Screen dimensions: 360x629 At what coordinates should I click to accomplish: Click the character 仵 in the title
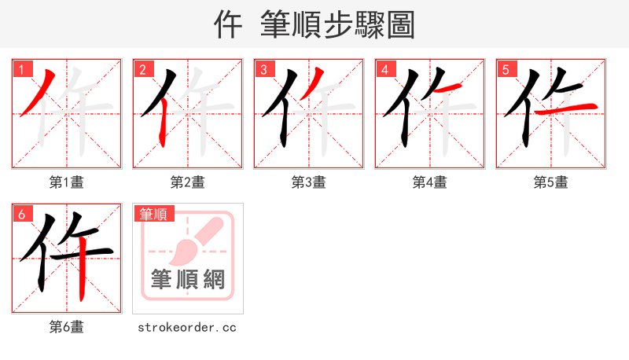[x=228, y=25]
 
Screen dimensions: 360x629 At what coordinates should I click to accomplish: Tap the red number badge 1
[x=21, y=69]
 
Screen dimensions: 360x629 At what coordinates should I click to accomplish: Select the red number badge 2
[x=142, y=69]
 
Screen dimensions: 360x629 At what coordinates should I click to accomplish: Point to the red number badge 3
[x=263, y=69]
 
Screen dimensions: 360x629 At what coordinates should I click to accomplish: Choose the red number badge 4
[x=384, y=69]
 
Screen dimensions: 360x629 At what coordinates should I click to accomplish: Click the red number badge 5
[x=506, y=69]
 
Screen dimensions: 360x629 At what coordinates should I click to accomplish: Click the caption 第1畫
[x=66, y=182]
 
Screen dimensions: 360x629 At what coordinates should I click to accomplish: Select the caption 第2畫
[x=187, y=182]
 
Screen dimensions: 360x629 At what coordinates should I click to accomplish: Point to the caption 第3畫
[x=308, y=182]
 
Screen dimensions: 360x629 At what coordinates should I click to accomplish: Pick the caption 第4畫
[x=429, y=182]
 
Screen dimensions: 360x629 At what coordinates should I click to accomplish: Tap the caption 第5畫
[x=550, y=182]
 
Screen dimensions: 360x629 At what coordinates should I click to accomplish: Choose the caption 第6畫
[x=66, y=327]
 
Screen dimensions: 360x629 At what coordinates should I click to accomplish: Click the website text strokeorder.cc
[x=187, y=327]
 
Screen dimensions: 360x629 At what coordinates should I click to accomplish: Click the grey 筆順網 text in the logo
[x=187, y=279]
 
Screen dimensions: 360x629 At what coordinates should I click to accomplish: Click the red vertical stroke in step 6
[x=81, y=271]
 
